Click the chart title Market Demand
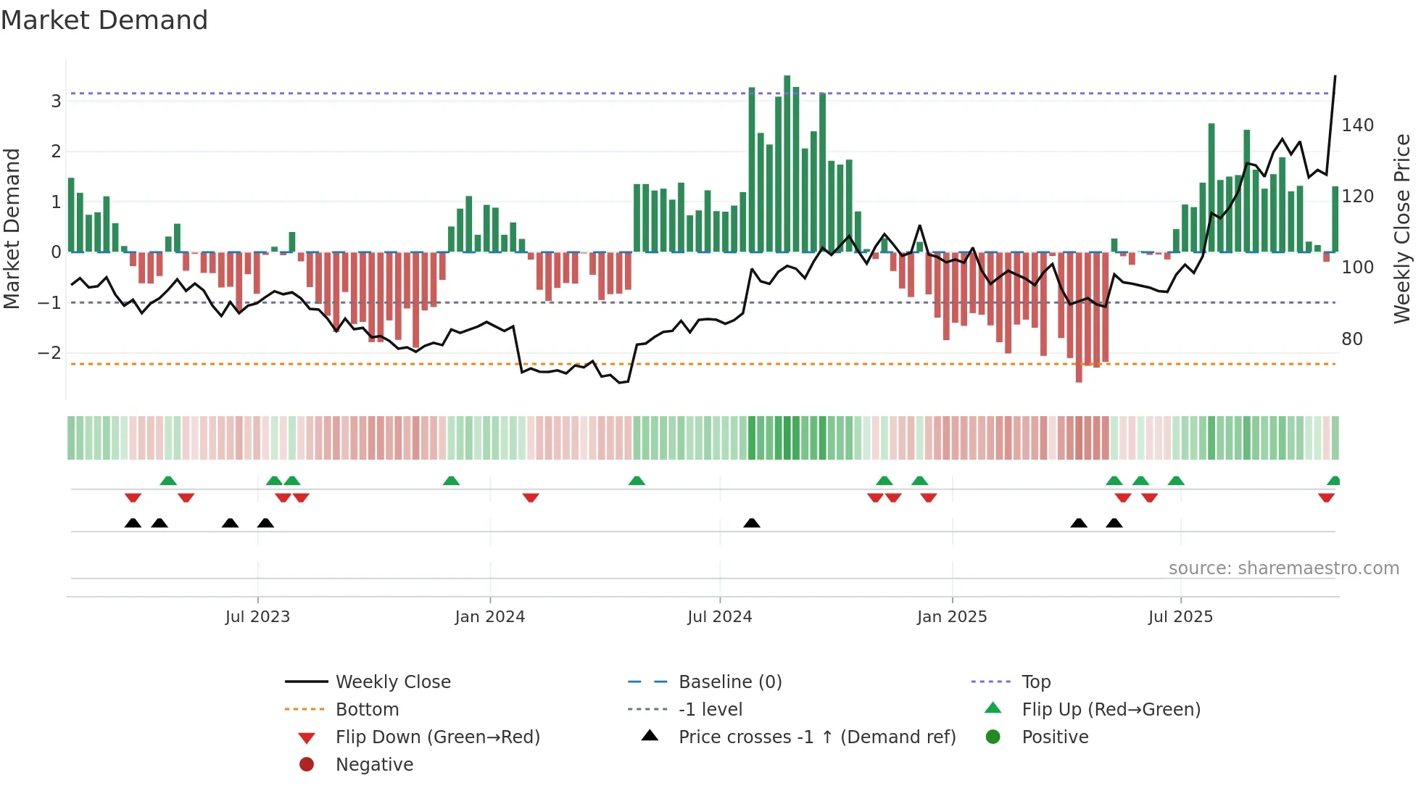pos(104,20)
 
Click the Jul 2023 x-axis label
pos(257,617)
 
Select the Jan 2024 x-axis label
pos(489,617)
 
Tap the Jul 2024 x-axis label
pos(719,617)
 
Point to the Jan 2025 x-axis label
pos(951,617)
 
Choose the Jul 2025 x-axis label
pos(1180,617)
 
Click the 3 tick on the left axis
pos(56,102)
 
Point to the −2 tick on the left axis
pos(50,354)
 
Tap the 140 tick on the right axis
pos(1357,125)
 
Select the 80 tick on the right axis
pos(1351,339)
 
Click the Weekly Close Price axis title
pos(1402,228)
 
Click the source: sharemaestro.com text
pos(1283,568)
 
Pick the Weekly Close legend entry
pos(392,682)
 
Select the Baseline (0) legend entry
pos(729,682)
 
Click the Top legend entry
pos(1035,682)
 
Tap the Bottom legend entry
pos(367,710)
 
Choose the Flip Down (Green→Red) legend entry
pos(437,737)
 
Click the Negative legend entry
pos(374,765)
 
